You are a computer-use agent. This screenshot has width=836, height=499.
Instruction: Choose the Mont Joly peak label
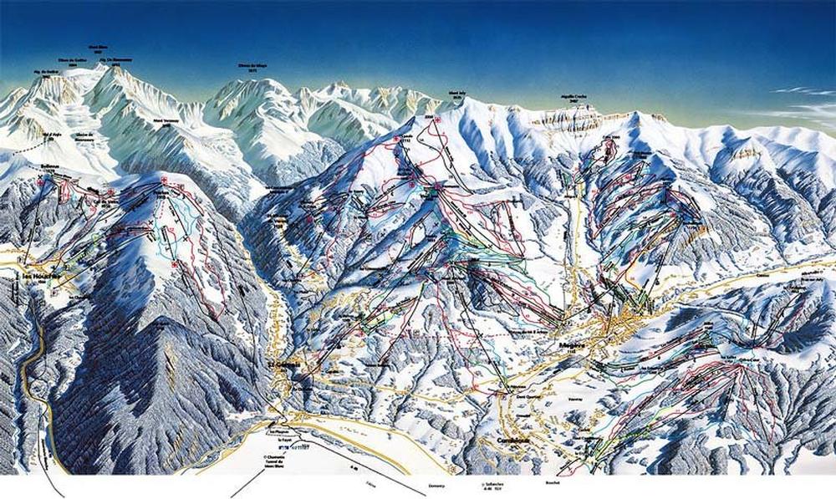point(456,95)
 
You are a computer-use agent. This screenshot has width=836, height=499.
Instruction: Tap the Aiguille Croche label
point(571,99)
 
